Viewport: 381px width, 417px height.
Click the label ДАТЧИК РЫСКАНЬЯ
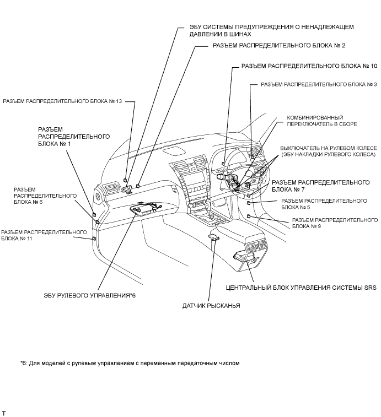pos(211,306)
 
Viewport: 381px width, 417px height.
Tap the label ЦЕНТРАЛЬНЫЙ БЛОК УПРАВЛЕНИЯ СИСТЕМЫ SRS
pos(301,288)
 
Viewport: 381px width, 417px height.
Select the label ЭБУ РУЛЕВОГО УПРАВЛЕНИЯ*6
pos(90,295)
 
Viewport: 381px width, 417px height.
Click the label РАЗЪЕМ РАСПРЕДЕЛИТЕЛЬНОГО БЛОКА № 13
pos(62,101)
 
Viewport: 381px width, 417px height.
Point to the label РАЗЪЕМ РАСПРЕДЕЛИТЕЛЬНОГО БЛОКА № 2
pos(279,46)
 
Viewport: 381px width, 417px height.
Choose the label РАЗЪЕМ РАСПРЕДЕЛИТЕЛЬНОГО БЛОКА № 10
pos(309,66)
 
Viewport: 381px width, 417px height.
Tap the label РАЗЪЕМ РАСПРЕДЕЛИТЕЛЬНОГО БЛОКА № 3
pos(319,85)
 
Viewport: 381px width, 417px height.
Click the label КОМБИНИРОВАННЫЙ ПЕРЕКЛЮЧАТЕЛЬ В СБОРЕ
pos(322,121)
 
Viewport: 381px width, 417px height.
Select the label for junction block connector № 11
pos(44,235)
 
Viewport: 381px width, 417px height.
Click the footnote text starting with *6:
pos(130,363)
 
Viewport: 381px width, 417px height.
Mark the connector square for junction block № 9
pos(249,216)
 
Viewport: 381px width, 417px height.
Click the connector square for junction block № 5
pos(249,203)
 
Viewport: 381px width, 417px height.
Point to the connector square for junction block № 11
pos(94,239)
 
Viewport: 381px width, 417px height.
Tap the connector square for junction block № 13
pos(125,180)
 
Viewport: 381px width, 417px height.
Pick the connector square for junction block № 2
pos(138,185)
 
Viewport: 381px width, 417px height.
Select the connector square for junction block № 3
pos(253,157)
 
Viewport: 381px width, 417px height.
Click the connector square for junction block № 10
pos(224,164)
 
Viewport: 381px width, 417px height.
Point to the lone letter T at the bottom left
pos(3,413)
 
